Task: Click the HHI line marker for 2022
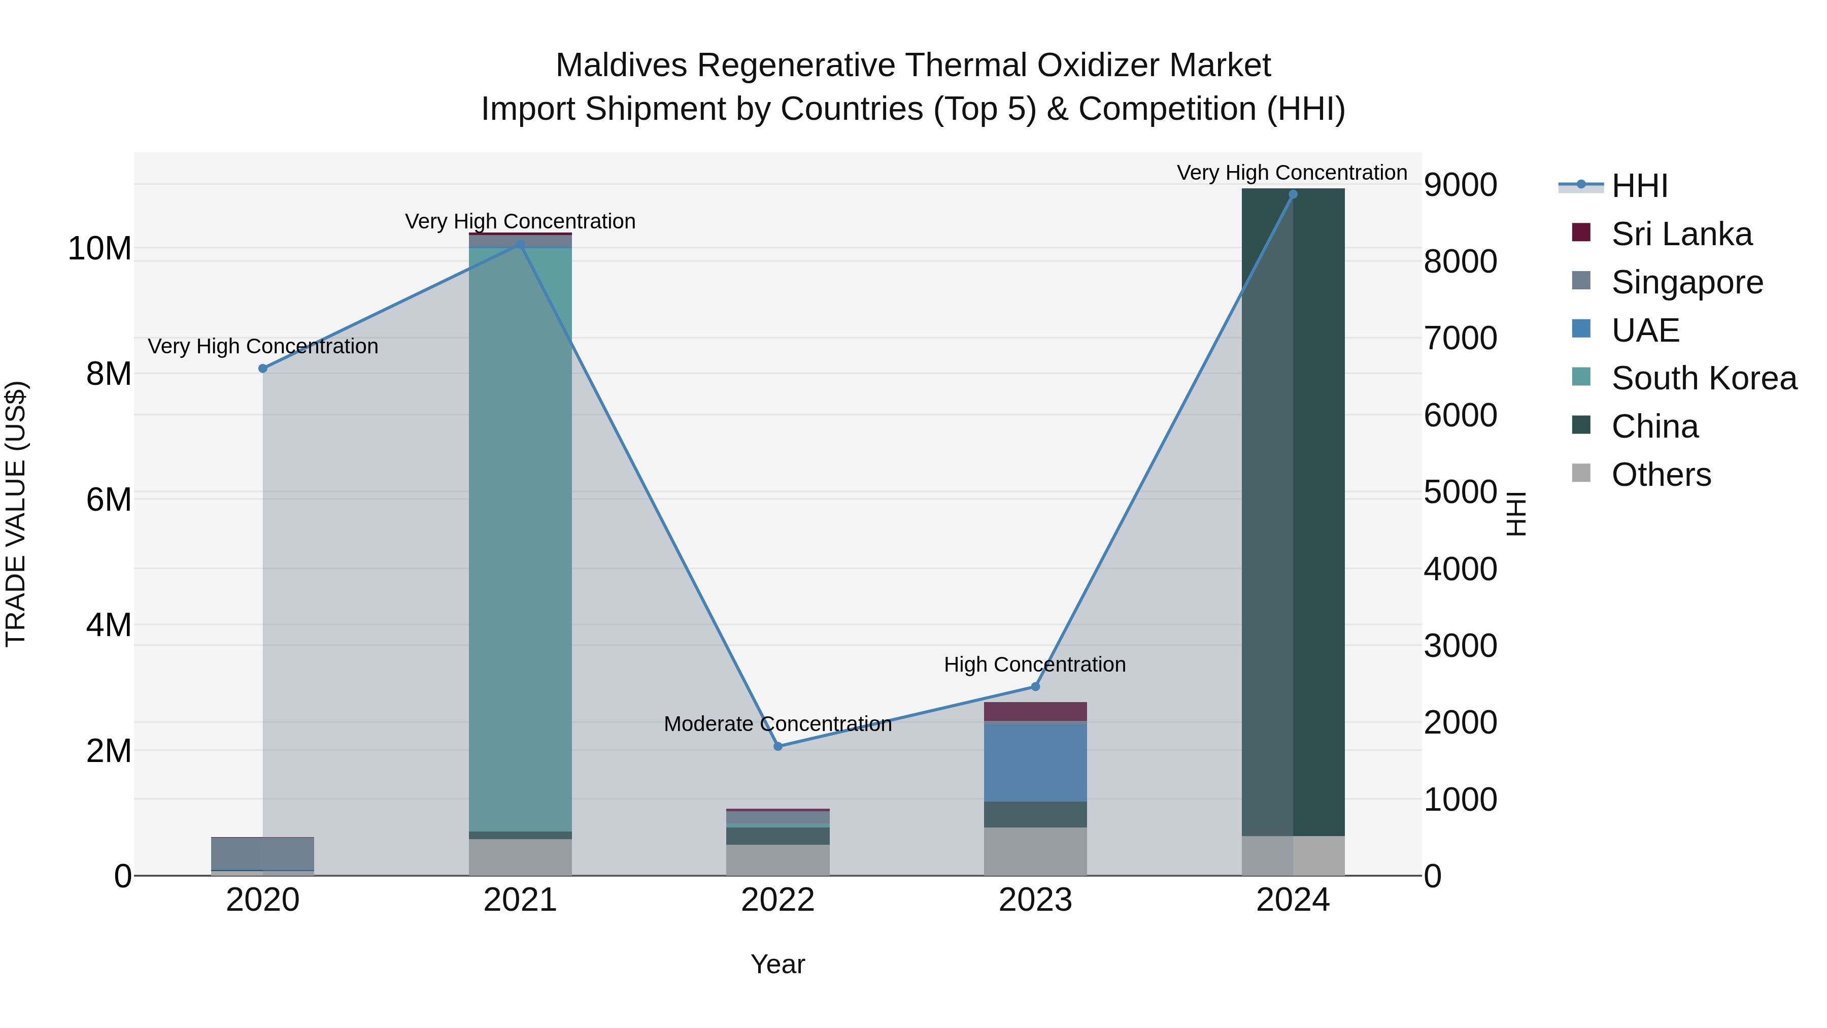pos(777,746)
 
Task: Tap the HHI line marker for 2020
pos(262,368)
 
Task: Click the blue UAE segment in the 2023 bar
pos(1035,762)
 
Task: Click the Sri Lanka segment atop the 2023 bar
pos(1035,712)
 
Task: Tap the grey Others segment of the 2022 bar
pos(777,860)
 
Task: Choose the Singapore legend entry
pos(1686,282)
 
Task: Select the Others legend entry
pos(1661,475)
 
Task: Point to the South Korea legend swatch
pos(1581,377)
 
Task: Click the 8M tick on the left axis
pos(109,374)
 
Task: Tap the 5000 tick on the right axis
pos(1460,492)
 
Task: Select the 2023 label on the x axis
pos(1035,900)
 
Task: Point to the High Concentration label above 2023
pos(1034,665)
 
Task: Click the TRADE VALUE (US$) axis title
pos(16,514)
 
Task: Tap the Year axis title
pos(777,964)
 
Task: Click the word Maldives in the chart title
pos(621,65)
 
